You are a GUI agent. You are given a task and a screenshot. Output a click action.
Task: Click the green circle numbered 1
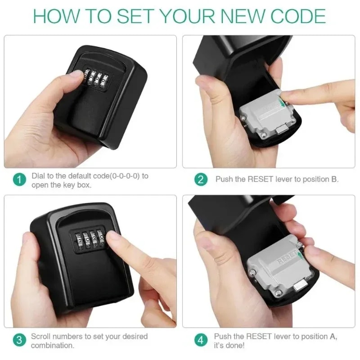[18, 180]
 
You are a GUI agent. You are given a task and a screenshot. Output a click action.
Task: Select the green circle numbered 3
[18, 341]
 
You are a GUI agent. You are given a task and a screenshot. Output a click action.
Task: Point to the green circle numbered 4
[201, 341]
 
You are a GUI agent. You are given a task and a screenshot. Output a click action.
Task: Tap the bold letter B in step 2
[334, 179]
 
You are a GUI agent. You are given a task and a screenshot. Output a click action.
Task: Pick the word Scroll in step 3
[41, 336]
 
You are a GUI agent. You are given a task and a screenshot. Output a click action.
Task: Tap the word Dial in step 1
[38, 175]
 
